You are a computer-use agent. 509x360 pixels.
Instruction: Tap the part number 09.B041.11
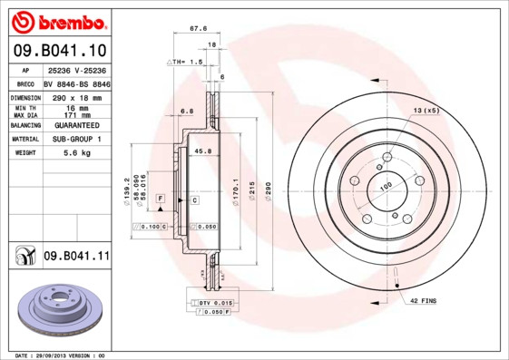(x=76, y=257)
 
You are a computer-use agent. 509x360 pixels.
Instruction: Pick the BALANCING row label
(x=24, y=125)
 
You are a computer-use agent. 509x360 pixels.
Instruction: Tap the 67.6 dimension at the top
(x=192, y=28)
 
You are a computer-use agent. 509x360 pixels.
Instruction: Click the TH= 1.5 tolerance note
(x=187, y=61)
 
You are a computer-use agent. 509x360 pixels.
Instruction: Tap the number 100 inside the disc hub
(x=385, y=186)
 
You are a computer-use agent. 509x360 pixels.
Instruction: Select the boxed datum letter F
(x=161, y=198)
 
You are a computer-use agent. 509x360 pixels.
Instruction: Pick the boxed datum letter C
(x=194, y=199)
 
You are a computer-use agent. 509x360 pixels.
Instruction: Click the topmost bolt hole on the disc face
(x=387, y=158)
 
